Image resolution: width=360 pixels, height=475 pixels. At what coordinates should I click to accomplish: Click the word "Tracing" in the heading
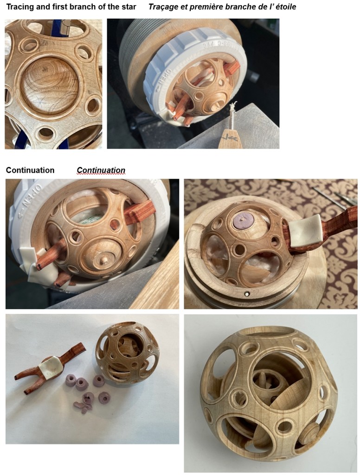pos(19,7)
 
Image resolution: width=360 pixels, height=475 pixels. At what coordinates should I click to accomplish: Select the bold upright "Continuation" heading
pos(30,170)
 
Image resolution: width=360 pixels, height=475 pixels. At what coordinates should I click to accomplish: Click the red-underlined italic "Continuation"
pos(101,170)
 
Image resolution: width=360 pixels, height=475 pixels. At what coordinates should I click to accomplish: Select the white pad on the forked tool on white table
pos(51,367)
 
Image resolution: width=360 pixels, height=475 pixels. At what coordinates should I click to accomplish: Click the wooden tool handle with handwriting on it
pos(230,139)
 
